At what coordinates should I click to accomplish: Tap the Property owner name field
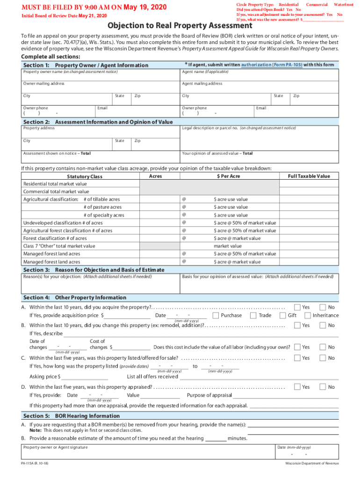[x=100, y=75]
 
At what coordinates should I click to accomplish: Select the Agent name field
[x=259, y=75]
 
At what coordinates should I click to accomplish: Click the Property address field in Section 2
[x=100, y=131]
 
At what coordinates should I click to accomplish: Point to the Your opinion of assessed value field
[x=259, y=156]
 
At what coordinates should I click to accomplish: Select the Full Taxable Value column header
[x=309, y=176]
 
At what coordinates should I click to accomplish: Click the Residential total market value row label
[x=55, y=184]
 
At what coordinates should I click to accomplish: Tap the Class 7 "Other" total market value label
[x=59, y=246]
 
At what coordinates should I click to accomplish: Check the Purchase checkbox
[x=216, y=315]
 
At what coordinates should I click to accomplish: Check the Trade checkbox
[x=253, y=315]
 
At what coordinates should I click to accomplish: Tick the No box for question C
[x=323, y=357]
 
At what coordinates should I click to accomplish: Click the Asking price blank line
[x=85, y=377]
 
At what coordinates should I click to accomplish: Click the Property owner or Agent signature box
[x=147, y=452]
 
